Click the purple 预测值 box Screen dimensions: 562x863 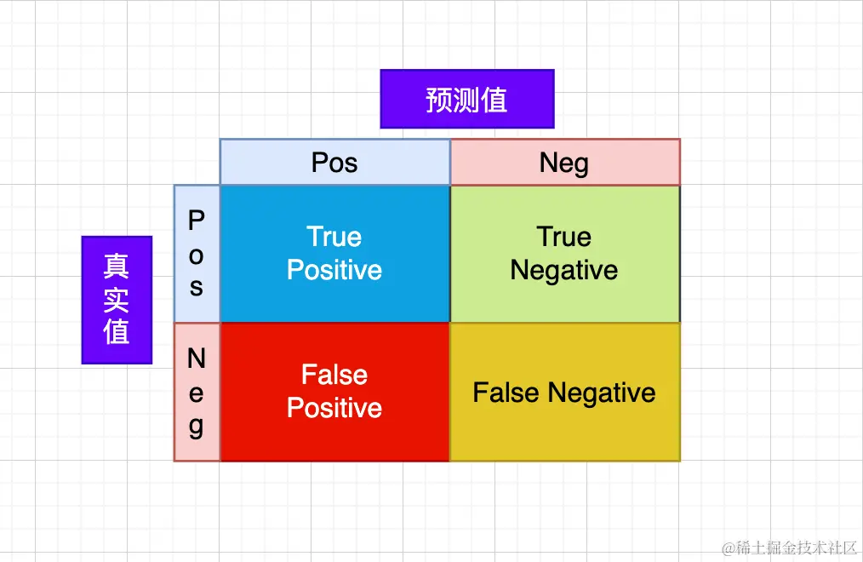coord(466,99)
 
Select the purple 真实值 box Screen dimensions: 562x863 coord(117,300)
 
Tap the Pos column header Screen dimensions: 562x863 coord(334,162)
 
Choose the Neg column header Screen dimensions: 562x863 coord(564,162)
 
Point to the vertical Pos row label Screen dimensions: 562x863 coord(197,254)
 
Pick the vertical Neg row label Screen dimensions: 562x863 coord(197,393)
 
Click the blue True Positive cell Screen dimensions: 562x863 coord(334,254)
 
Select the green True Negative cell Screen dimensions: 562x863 coord(564,254)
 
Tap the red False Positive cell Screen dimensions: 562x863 coord(334,392)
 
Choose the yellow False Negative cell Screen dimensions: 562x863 coord(564,392)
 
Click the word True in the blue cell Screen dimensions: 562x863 coord(334,237)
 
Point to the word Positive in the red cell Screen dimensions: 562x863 coord(334,408)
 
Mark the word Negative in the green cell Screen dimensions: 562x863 coord(564,271)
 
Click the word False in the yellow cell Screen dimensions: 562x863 coord(507,393)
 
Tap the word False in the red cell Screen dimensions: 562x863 coord(334,375)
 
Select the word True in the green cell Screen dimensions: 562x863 coord(564,237)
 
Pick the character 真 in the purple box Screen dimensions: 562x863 coord(117,267)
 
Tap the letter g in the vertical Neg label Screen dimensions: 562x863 coord(197,427)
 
